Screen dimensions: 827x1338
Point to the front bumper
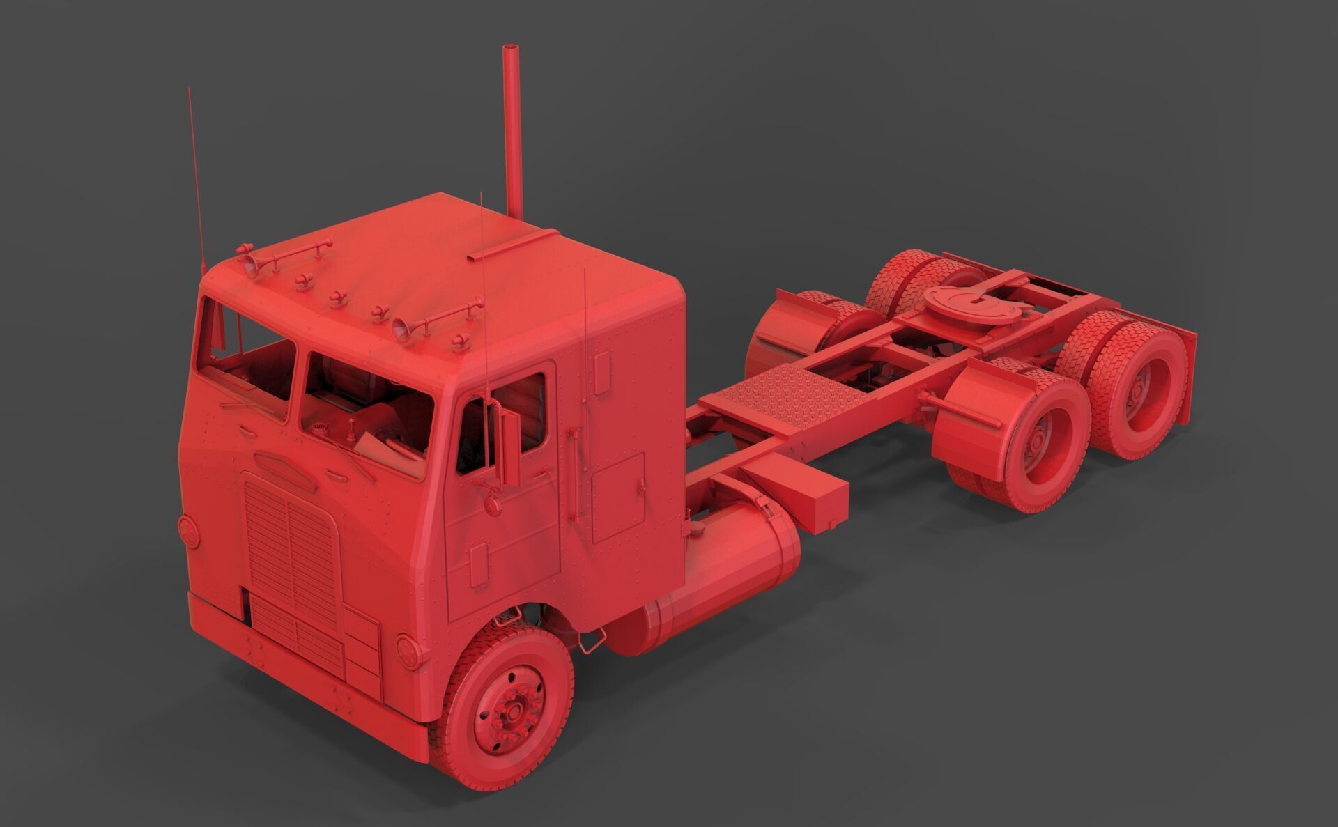coord(307,704)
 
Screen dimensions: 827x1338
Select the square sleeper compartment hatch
coord(618,497)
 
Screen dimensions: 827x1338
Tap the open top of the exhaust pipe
coord(511,49)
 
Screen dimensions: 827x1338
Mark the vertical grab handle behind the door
coord(576,474)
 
